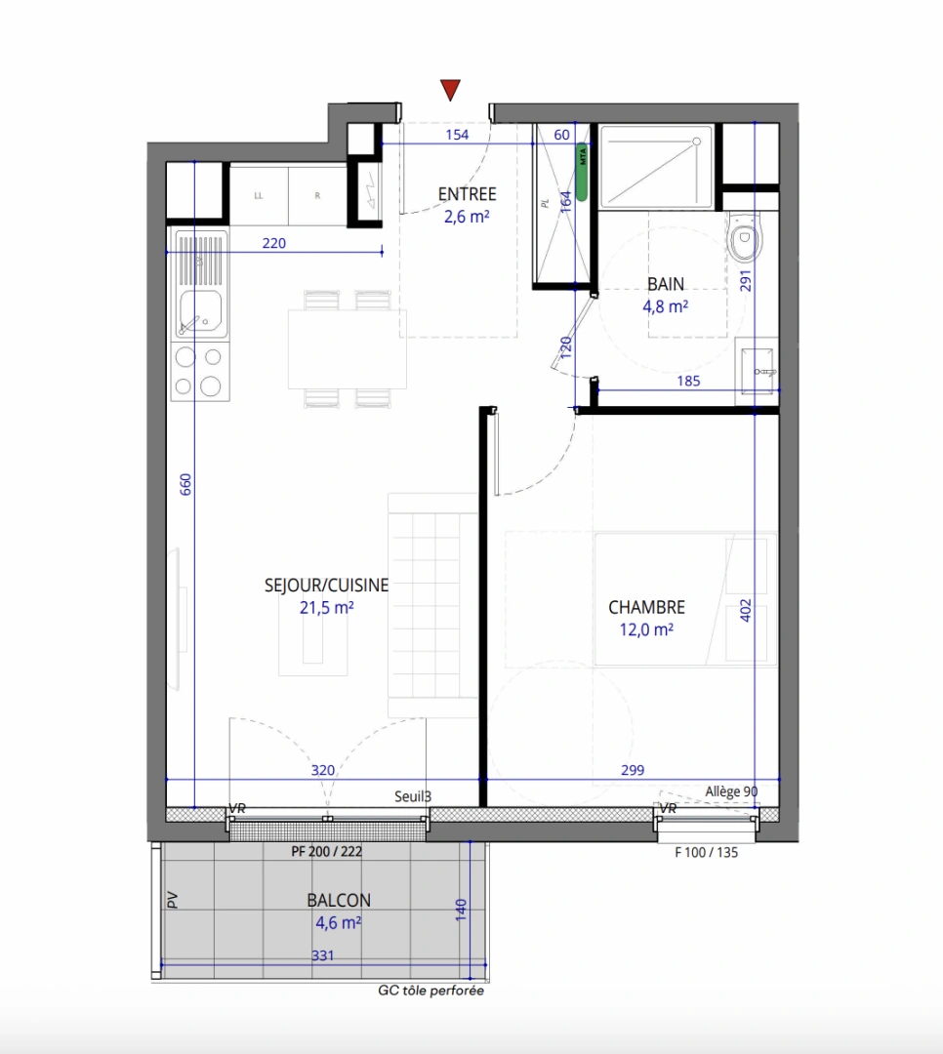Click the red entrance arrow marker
point(450,91)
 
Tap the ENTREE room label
point(467,194)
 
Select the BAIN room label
point(666,285)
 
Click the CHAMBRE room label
point(646,607)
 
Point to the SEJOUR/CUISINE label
point(326,586)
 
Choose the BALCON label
point(338,901)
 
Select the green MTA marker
point(582,172)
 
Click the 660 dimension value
point(185,485)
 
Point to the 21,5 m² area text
point(326,608)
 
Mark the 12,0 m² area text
point(646,629)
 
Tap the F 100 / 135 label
point(707,851)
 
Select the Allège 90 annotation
point(731,791)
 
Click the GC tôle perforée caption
point(430,991)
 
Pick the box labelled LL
point(259,195)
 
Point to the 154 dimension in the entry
point(457,135)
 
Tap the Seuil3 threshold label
point(413,796)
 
